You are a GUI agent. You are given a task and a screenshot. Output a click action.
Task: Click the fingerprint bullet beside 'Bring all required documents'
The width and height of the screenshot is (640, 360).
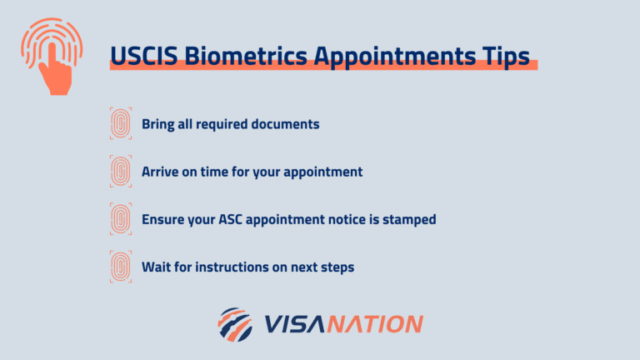pyautogui.click(x=121, y=123)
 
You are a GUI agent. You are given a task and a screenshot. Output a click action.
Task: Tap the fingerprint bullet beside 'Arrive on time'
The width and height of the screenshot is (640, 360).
pyautogui.click(x=121, y=171)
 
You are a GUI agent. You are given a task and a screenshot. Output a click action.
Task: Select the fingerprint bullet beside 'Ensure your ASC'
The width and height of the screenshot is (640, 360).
pyautogui.click(x=121, y=219)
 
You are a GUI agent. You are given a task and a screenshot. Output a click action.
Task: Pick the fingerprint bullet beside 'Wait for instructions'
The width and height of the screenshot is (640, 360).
pyautogui.click(x=121, y=267)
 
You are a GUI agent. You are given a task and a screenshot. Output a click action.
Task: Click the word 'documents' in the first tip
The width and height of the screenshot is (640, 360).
pyautogui.click(x=286, y=124)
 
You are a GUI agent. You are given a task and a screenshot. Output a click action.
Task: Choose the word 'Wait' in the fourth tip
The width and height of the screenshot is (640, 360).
pyautogui.click(x=155, y=267)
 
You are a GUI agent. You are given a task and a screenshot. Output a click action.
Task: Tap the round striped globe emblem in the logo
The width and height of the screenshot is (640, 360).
pyautogui.click(x=235, y=324)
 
